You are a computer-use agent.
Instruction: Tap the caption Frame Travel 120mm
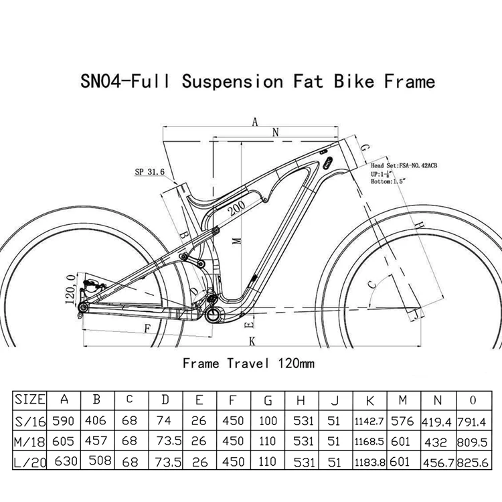pyautogui.click(x=248, y=363)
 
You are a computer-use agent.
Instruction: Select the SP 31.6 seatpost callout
pyautogui.click(x=149, y=172)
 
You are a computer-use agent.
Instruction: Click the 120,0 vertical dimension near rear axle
pyautogui.click(x=70, y=288)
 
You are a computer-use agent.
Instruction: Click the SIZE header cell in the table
pyautogui.click(x=29, y=400)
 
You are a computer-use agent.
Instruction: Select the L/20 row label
pyautogui.click(x=29, y=462)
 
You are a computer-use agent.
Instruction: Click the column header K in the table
pyautogui.click(x=370, y=400)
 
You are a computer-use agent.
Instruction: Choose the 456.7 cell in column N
pyautogui.click(x=438, y=462)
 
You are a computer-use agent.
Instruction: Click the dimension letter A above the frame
pyautogui.click(x=254, y=122)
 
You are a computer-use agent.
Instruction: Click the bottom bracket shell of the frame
pyautogui.click(x=216, y=313)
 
